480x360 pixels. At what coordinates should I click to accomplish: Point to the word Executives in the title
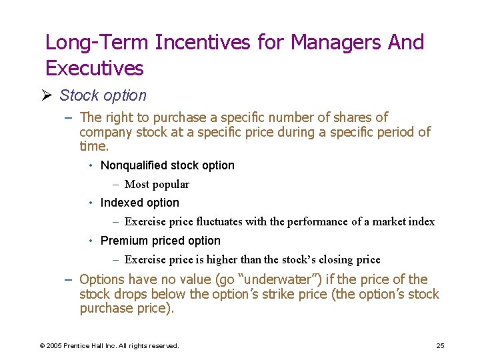coord(94,68)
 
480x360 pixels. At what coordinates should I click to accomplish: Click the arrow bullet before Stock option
coord(49,95)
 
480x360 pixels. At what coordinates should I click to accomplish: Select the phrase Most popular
coord(157,184)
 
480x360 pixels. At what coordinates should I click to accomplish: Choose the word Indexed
coord(120,203)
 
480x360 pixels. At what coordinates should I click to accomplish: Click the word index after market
coord(421,221)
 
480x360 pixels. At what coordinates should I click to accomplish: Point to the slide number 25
coord(440,345)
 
